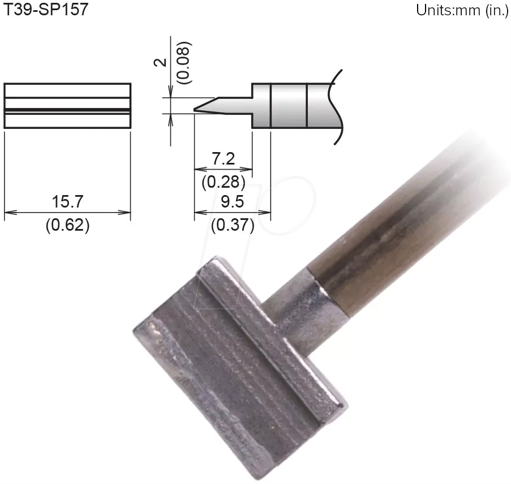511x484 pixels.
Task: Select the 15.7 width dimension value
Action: [67, 201]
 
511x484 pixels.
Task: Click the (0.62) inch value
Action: [67, 226]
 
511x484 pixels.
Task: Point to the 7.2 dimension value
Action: [224, 159]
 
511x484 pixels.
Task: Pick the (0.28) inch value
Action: [224, 182]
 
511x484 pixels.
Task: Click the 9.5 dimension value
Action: [232, 202]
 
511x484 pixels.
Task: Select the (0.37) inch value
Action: [232, 226]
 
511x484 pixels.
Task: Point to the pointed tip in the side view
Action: [196, 109]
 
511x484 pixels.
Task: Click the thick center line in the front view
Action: [67, 109]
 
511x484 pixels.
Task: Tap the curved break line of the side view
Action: [338, 107]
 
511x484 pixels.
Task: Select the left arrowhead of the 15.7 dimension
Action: [7, 213]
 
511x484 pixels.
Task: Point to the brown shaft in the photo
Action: [396, 226]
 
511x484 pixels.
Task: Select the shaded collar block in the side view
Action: [289, 106]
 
